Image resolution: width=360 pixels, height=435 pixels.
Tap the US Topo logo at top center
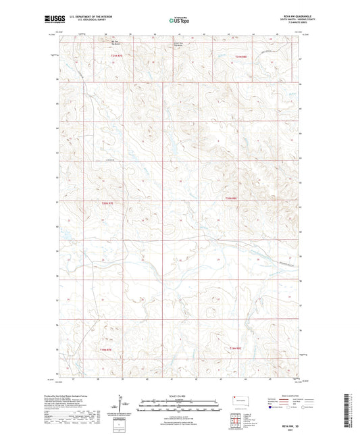(180, 20)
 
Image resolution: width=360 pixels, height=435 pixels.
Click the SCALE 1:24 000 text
(180, 396)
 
